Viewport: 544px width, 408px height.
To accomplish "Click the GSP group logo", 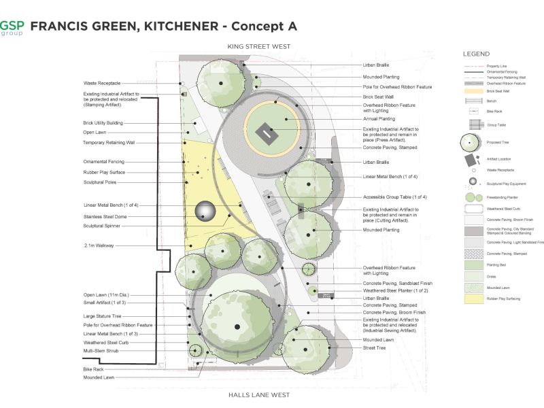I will pos(12,27).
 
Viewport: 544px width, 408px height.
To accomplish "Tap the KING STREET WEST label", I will pos(259,46).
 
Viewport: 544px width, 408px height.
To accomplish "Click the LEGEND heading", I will pos(476,54).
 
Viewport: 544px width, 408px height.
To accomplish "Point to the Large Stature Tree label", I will pos(103,316).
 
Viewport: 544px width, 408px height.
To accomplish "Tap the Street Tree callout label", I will pos(374,347).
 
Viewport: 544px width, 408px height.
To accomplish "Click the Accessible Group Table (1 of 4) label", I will pos(395,197).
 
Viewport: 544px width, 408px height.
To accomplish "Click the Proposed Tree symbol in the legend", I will pos(471,143).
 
